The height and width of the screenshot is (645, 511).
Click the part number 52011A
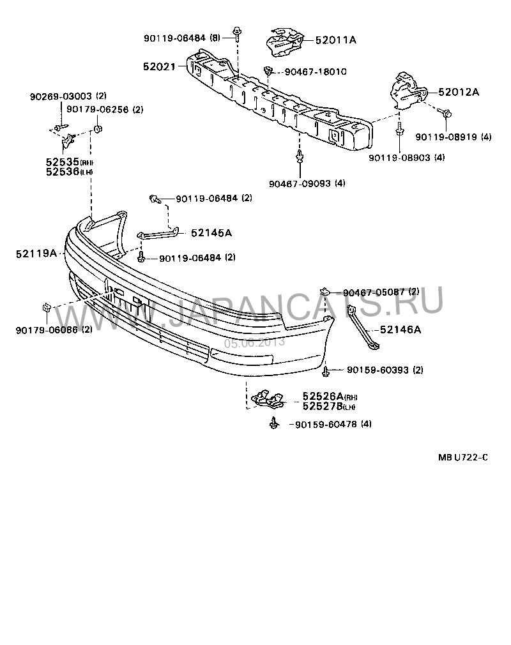tap(335, 40)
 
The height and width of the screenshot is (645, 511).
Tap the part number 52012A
tap(459, 91)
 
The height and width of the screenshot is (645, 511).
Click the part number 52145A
tap(210, 233)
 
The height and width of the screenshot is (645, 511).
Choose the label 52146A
tap(400, 330)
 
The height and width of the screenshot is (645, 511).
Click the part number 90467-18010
tap(316, 72)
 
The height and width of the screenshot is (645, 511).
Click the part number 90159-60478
tap(325, 424)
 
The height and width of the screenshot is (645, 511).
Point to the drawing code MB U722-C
tap(462, 457)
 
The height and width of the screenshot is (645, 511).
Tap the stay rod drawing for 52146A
tap(363, 329)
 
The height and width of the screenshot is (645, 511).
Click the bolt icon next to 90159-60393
tap(326, 369)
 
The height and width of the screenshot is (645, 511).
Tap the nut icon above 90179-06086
tap(47, 308)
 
